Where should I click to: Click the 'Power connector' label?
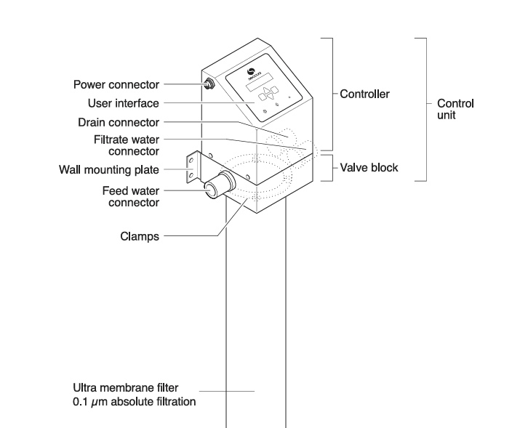pyautogui.click(x=116, y=84)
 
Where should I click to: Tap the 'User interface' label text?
pyautogui.click(x=124, y=103)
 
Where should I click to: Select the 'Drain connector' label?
pyautogui.click(x=119, y=122)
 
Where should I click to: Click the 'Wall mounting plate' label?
pyautogui.click(x=109, y=171)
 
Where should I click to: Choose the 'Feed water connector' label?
pyautogui.click(x=131, y=196)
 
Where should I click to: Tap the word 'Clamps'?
pyautogui.click(x=140, y=236)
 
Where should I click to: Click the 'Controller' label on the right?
pyautogui.click(x=365, y=94)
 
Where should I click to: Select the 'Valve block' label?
pyautogui.click(x=369, y=168)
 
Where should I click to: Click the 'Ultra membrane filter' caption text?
pyautogui.click(x=125, y=388)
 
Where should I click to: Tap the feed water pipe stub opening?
pyautogui.click(x=211, y=187)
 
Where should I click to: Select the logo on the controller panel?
pyautogui.click(x=251, y=71)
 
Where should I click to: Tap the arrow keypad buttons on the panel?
pyautogui.click(x=269, y=92)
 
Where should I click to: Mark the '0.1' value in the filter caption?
pyautogui.click(x=81, y=400)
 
